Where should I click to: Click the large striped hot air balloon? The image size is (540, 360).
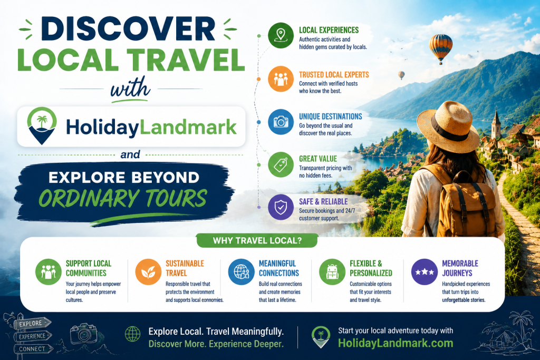point(440,48)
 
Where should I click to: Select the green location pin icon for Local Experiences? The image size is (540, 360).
point(281,35)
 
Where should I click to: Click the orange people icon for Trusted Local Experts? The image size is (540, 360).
point(281,79)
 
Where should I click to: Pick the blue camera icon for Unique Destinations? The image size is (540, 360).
point(281,122)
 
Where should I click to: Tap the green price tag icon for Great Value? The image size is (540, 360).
point(281,164)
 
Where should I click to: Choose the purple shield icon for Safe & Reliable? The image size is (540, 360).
point(281,207)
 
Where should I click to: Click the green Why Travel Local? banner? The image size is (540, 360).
point(257,240)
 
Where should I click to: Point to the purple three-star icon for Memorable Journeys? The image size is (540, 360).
point(425,272)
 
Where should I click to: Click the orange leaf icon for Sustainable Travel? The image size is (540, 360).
point(148,272)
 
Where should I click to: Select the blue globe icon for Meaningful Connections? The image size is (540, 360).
point(242,272)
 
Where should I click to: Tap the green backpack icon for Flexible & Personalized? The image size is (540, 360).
point(332,272)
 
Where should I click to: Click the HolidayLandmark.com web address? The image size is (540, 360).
point(396,343)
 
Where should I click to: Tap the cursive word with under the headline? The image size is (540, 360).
point(130,89)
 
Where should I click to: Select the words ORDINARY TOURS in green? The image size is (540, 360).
point(123,198)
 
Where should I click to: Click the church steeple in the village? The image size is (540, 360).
point(496,123)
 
